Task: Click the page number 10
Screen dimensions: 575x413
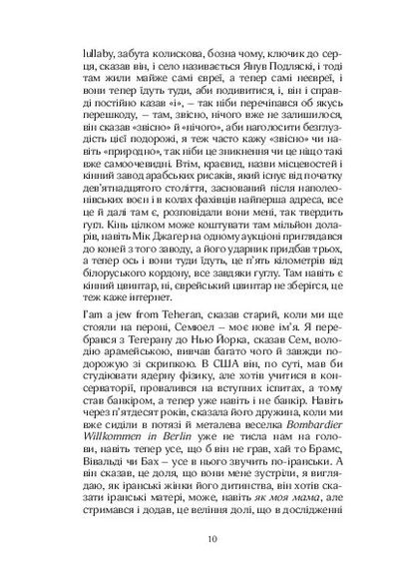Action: tap(206, 541)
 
